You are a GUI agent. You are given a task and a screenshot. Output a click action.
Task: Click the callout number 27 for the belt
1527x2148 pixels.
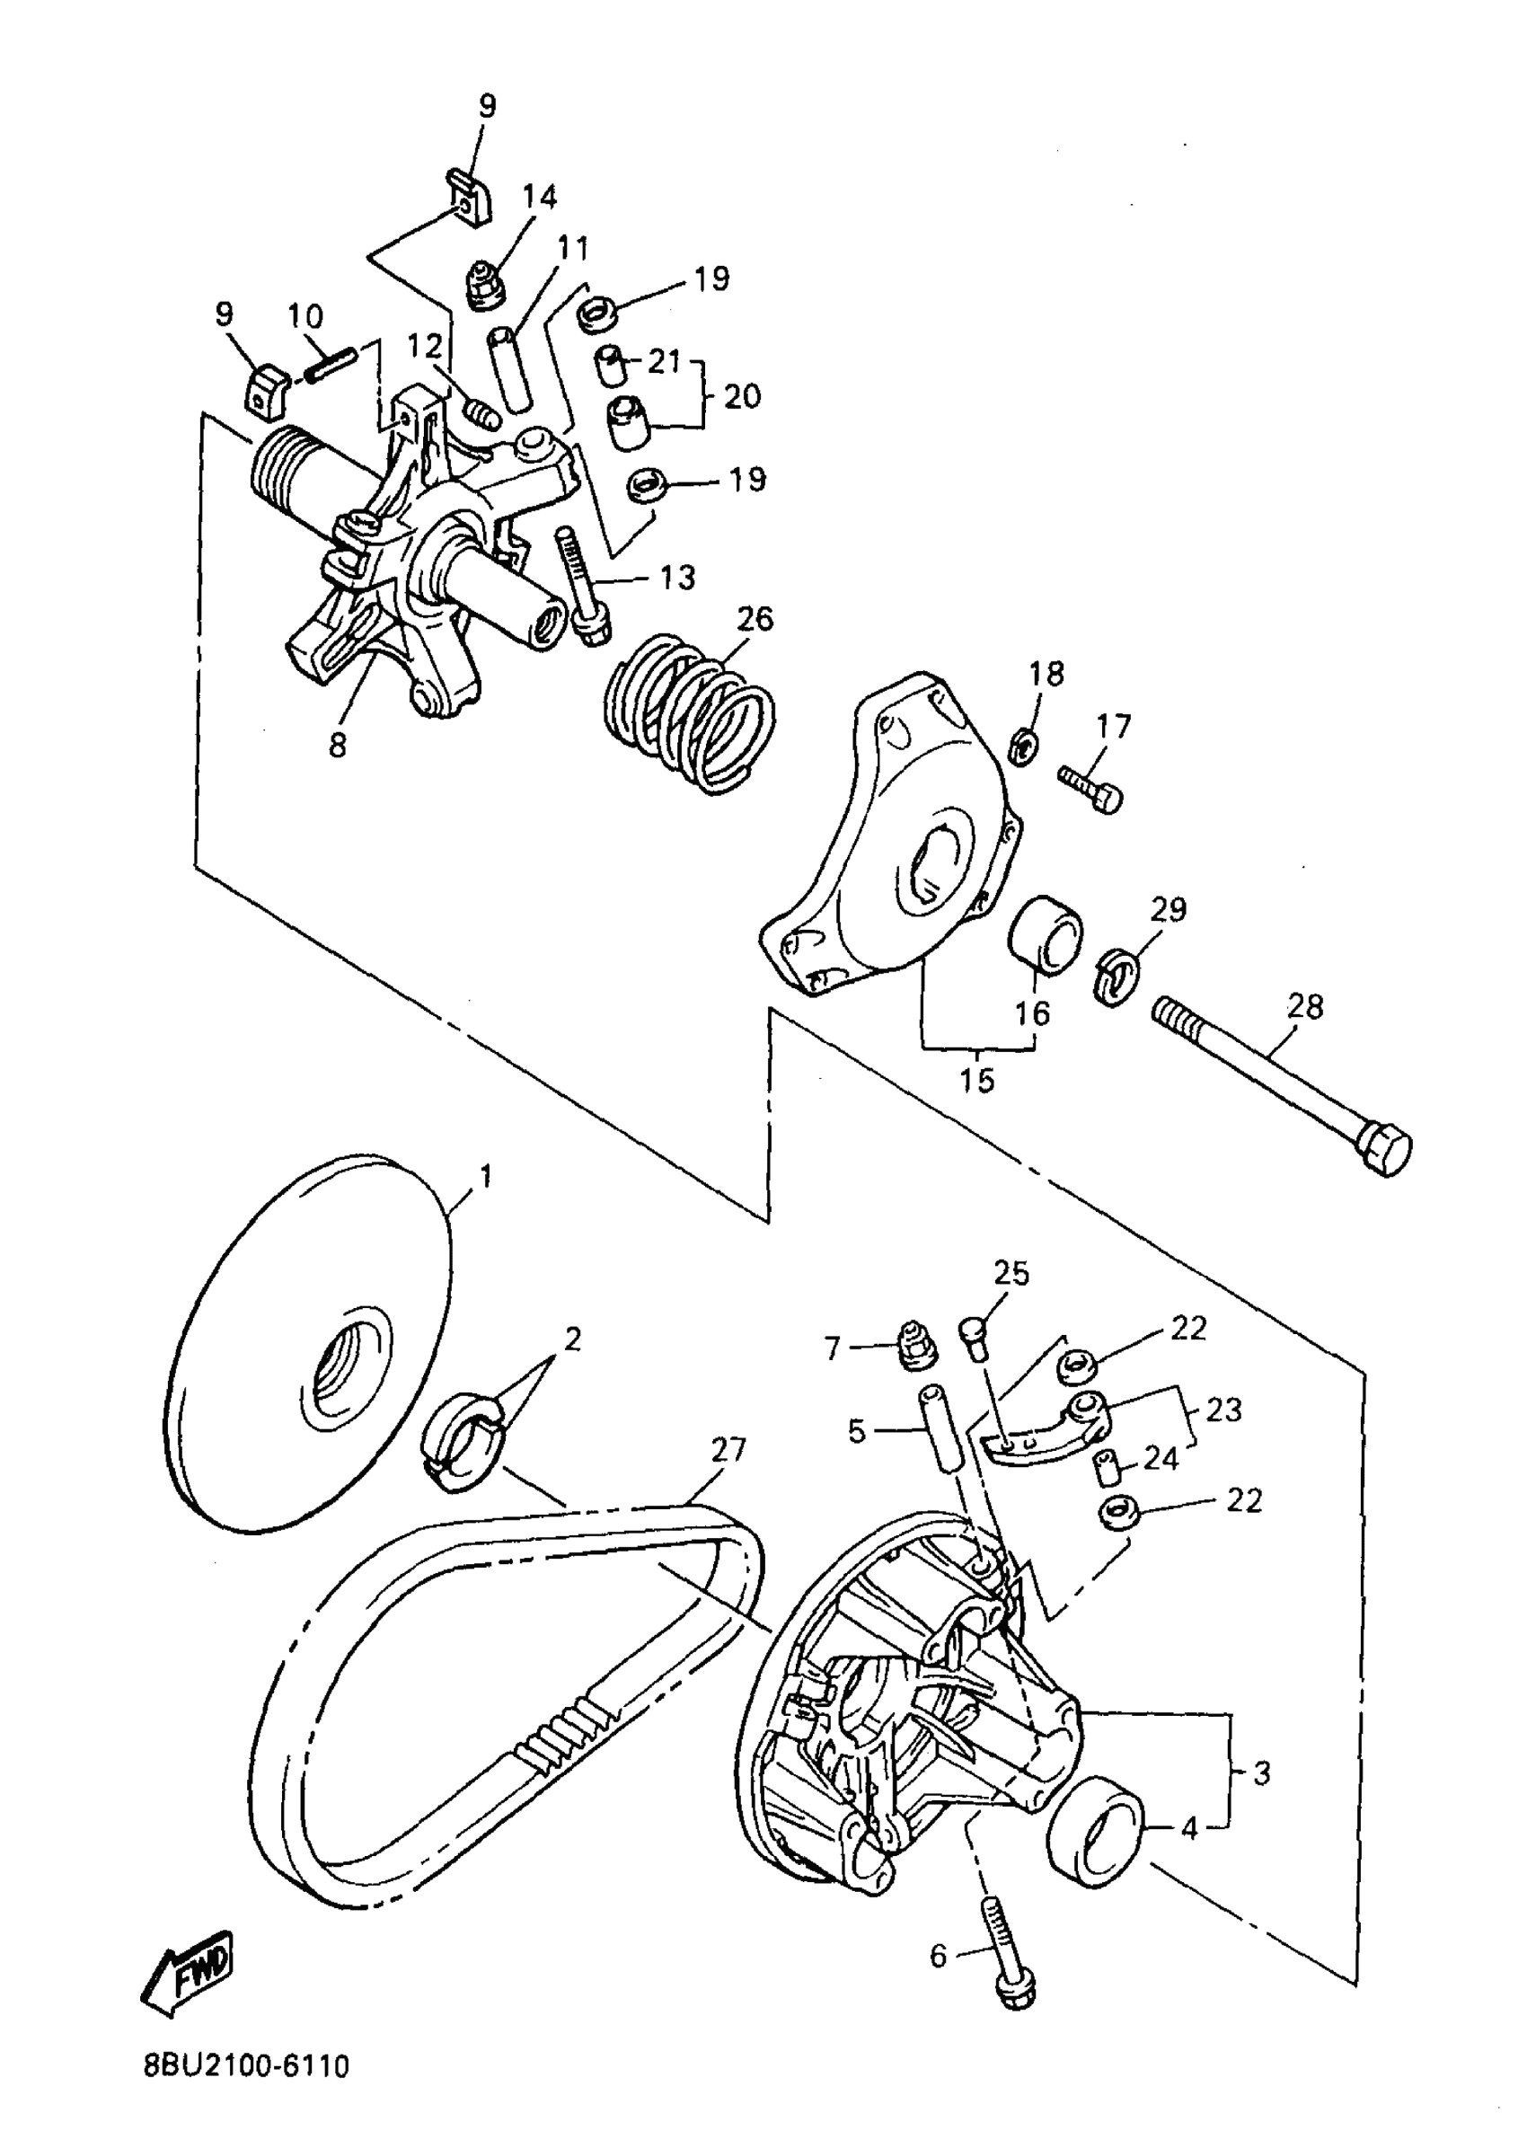point(728,1449)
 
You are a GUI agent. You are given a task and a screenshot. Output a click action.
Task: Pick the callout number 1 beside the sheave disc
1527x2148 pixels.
point(485,1177)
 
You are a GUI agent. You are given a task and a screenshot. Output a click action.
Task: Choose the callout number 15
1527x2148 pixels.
point(977,1081)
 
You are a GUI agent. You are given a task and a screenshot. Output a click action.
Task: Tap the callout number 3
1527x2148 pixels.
point(1262,1773)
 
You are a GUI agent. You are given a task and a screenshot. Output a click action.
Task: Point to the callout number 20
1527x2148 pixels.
point(742,396)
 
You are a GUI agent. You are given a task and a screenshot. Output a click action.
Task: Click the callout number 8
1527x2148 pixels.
point(338,745)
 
